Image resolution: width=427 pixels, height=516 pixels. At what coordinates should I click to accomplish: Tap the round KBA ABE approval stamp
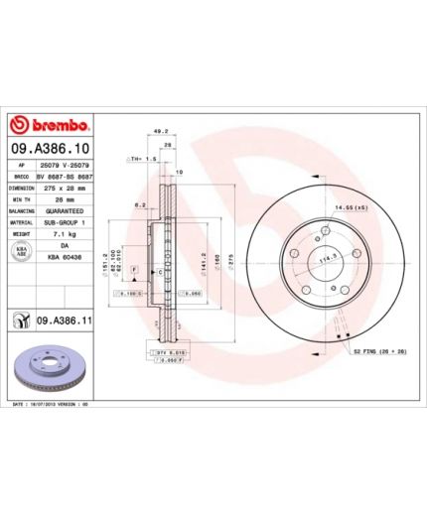pyautogui.click(x=20, y=253)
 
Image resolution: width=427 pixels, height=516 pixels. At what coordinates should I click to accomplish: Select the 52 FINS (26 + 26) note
pyautogui.click(x=374, y=350)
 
